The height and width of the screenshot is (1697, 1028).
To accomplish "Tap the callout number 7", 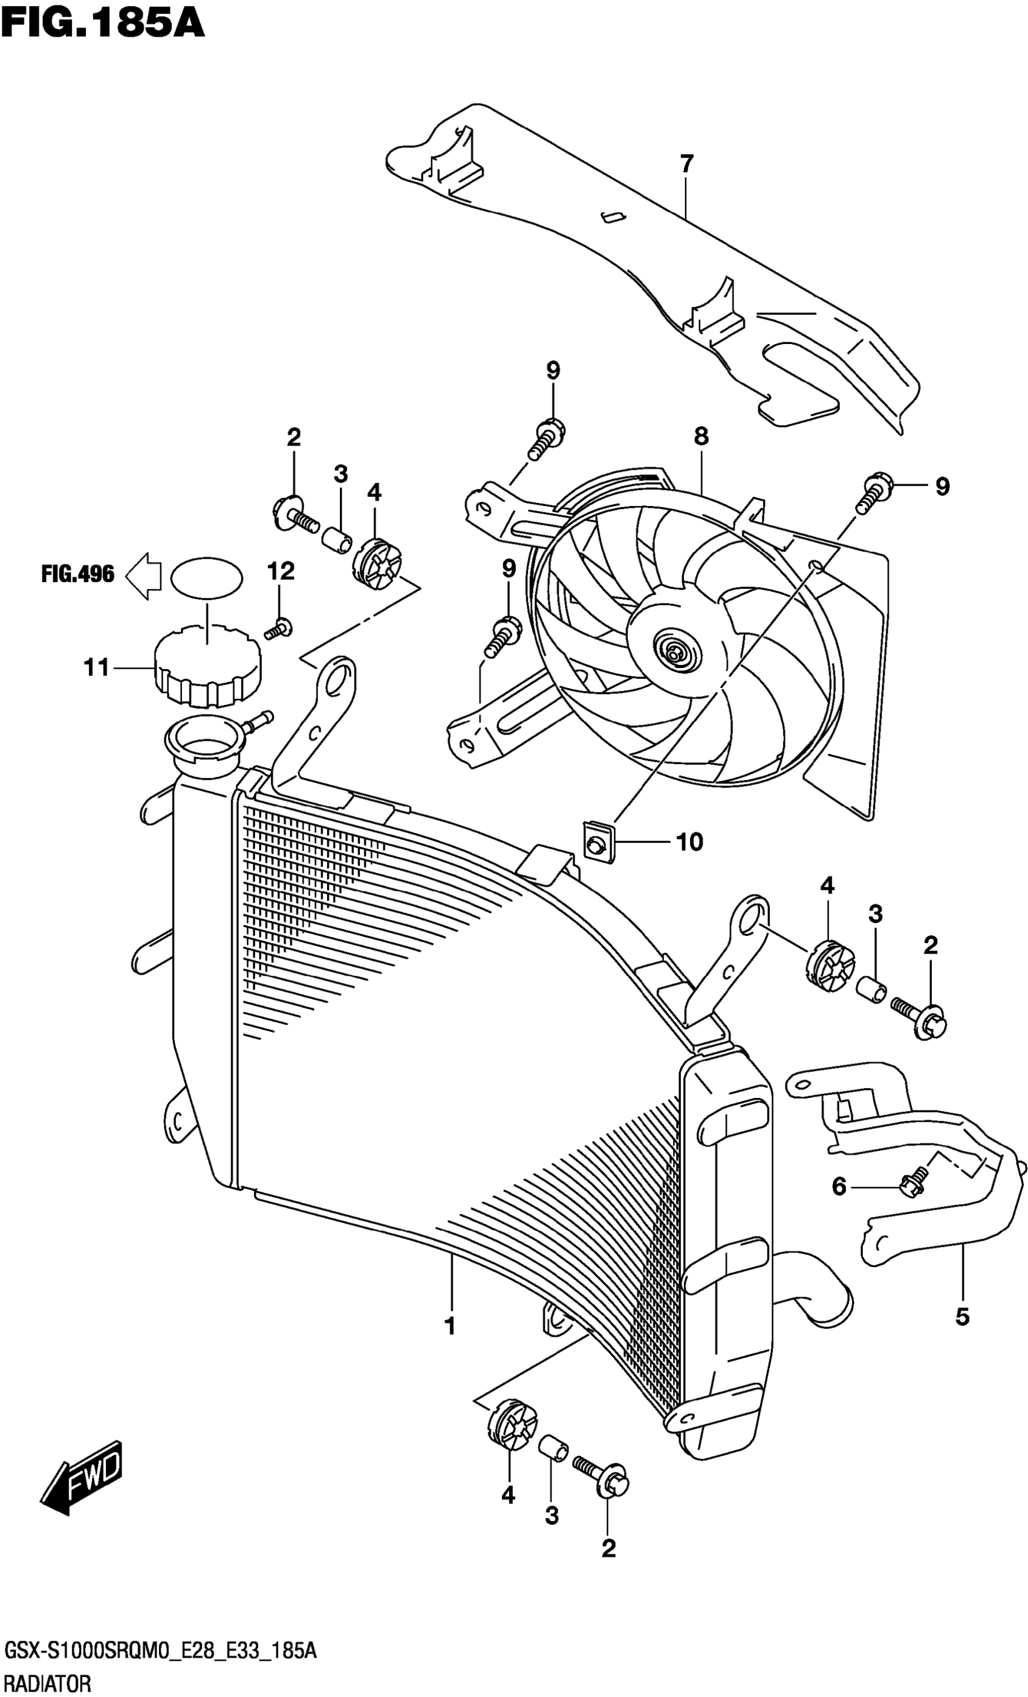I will click(686, 164).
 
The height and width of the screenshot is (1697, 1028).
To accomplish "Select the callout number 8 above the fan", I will click(701, 436).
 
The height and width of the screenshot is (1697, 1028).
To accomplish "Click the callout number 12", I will click(281, 571).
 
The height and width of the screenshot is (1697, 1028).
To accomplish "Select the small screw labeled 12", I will click(278, 628).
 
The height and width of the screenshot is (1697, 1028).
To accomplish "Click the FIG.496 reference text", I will click(78, 574).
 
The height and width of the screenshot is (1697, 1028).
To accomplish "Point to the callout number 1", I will click(451, 1326).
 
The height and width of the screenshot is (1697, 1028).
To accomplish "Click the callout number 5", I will click(963, 1317).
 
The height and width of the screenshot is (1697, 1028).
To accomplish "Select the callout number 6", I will click(839, 1187).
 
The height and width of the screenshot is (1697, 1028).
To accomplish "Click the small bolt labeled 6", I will click(911, 1183).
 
